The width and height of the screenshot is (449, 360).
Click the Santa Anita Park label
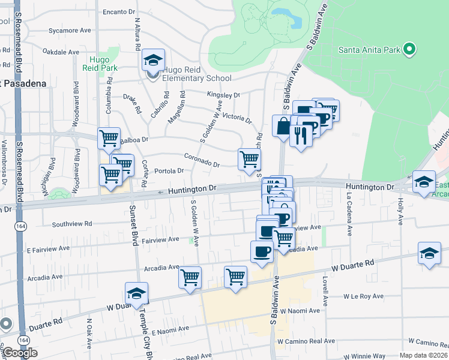click(368, 49)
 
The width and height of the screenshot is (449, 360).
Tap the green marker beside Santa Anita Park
click(410, 49)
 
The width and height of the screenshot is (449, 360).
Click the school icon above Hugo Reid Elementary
click(153, 61)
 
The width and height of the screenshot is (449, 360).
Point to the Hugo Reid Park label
click(103, 64)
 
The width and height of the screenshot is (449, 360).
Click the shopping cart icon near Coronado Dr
click(249, 160)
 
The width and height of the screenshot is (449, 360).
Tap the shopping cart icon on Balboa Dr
click(109, 139)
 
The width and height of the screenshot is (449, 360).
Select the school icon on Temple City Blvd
click(137, 293)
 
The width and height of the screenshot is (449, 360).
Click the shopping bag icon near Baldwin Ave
click(283, 127)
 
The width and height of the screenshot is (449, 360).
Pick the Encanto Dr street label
click(119, 12)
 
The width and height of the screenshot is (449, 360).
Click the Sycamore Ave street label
click(70, 30)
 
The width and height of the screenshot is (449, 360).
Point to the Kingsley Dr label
click(223, 95)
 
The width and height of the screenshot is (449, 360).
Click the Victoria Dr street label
click(237, 116)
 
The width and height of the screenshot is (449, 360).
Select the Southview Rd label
click(72, 224)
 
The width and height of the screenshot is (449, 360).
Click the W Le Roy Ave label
click(363, 296)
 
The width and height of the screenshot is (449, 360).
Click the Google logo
click(20, 353)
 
